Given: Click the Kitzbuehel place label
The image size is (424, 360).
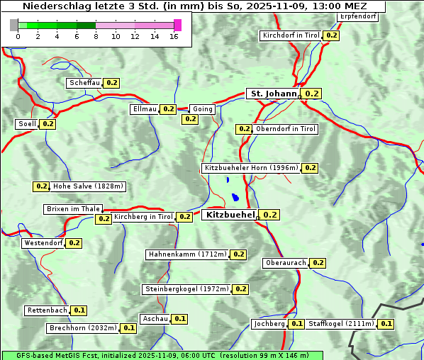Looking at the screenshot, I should point(229,214).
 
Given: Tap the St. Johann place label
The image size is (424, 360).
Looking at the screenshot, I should point(272,93).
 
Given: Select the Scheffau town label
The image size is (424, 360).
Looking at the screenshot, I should point(84,83).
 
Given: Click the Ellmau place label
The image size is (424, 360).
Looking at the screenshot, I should point(143,109).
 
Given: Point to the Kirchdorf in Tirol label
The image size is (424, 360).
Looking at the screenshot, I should point(291,35).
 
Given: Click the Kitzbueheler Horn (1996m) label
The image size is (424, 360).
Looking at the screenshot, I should point(251,168).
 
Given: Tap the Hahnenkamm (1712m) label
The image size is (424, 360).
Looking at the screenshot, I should point(187,254).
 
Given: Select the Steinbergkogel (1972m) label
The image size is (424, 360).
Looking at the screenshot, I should point(186,289).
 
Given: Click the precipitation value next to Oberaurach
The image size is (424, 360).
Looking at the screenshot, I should point(318,263).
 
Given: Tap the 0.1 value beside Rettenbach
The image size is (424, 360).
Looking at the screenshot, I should point(79,310).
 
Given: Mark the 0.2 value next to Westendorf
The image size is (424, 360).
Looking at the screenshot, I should point(74,243).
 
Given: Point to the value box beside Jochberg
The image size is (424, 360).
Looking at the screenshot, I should point(296,324).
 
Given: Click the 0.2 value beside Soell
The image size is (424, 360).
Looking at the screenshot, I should point(48,124).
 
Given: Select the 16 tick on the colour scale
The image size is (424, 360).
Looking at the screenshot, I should point(174,36).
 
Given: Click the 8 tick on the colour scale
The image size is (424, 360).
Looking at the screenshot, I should point(96,36).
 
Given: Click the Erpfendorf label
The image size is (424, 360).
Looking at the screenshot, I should point(357,16).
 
